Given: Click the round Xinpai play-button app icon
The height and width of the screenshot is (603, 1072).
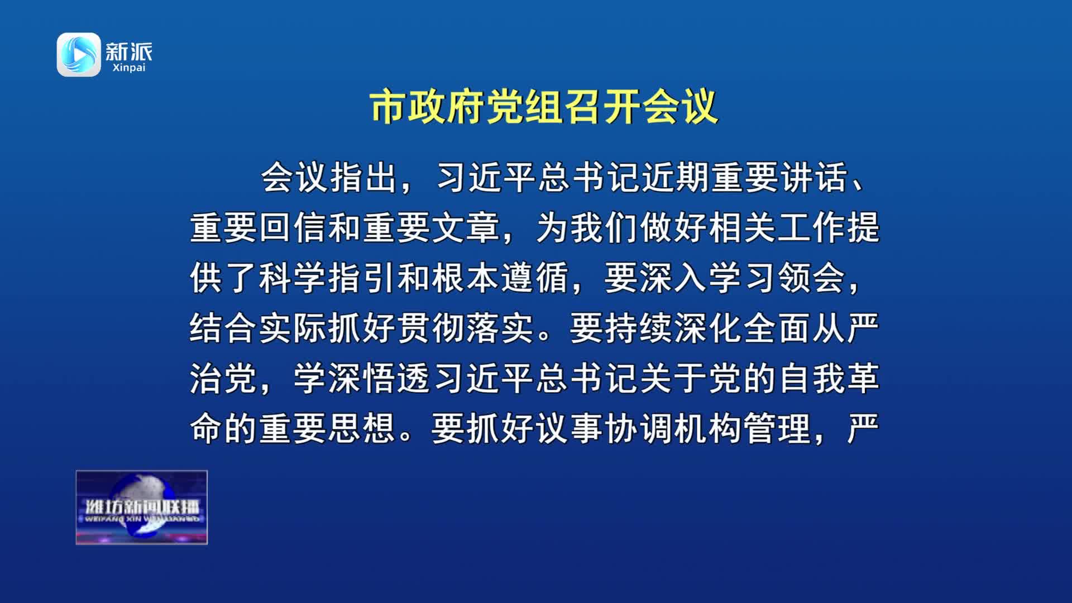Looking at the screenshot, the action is coord(79,54).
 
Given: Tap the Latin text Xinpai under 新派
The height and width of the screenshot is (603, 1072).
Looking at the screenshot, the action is coord(129,68).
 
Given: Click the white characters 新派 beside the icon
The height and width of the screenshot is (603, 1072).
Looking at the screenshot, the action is coord(129,51).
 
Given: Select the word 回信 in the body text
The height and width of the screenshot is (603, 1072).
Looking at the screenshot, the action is coord(294,228).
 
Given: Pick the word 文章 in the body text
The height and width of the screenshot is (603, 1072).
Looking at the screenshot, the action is coord(467,228).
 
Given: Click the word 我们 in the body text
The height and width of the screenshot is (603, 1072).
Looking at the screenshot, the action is coord(605,228).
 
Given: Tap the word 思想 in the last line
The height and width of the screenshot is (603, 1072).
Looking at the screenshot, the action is coord(362,429).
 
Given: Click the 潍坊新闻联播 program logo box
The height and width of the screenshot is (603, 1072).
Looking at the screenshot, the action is coord(142,508).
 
